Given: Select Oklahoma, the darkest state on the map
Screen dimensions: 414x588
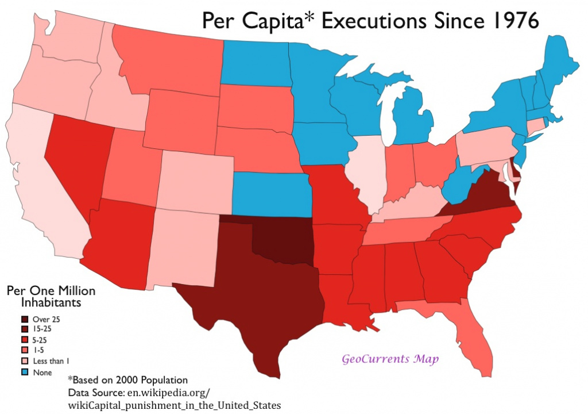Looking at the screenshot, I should pyautogui.click(x=281, y=241).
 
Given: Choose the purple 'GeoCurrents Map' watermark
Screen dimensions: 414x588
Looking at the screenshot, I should pyautogui.click(x=390, y=359).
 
